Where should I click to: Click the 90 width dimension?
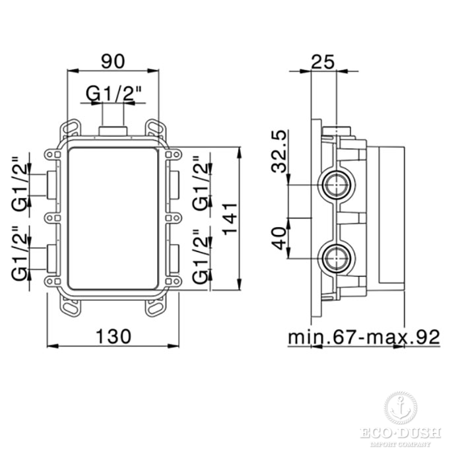[113, 61]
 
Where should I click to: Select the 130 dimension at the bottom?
[114, 336]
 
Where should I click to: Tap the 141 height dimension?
[230, 218]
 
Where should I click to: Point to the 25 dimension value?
[323, 61]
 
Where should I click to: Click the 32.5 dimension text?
[279, 151]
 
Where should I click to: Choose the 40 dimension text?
[279, 238]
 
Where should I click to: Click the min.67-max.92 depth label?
[364, 337]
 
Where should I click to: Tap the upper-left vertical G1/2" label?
[19, 183]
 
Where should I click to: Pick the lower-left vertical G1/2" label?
[19, 253]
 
